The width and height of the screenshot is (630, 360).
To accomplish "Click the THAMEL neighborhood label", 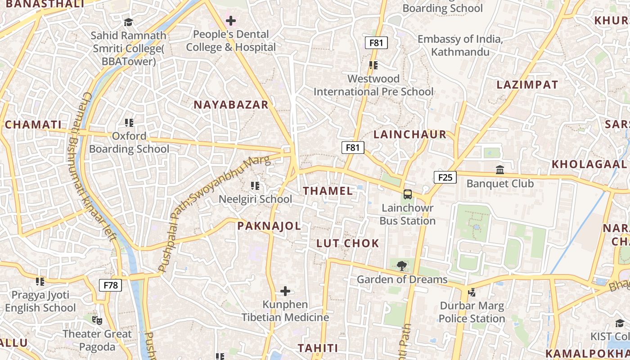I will tap(328, 191).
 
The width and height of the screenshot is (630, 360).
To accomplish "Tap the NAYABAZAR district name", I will tap(231, 105).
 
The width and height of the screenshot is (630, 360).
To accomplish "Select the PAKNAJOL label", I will tap(269, 226).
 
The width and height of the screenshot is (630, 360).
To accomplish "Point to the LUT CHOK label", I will tap(348, 243).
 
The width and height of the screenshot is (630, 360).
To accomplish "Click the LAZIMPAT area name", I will tap(527, 85).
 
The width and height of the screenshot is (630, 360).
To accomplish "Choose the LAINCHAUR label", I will tap(409, 135).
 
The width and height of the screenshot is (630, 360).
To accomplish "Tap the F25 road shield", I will tap(445, 177).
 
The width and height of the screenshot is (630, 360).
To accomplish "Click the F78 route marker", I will tap(110, 285).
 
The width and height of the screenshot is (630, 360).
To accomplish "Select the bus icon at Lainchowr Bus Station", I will tap(407, 194).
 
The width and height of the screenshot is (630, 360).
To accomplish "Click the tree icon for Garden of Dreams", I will tap(402, 266).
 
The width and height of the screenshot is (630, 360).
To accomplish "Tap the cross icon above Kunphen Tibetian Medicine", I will tap(285, 291).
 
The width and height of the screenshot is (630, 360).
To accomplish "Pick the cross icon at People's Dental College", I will tap(231, 21).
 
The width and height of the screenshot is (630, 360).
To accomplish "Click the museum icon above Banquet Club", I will tap(500, 170).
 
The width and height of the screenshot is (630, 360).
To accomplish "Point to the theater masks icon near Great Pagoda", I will tap(97, 320).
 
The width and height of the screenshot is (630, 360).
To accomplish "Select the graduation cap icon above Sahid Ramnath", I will tap(129, 22).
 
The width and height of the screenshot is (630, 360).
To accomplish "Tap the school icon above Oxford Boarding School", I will tap(129, 122).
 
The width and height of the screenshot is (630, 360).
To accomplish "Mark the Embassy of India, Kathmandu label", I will tap(460, 45).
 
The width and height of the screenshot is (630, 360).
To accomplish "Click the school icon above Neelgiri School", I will tap(255, 185).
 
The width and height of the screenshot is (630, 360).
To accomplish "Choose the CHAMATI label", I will tap(33, 125).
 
